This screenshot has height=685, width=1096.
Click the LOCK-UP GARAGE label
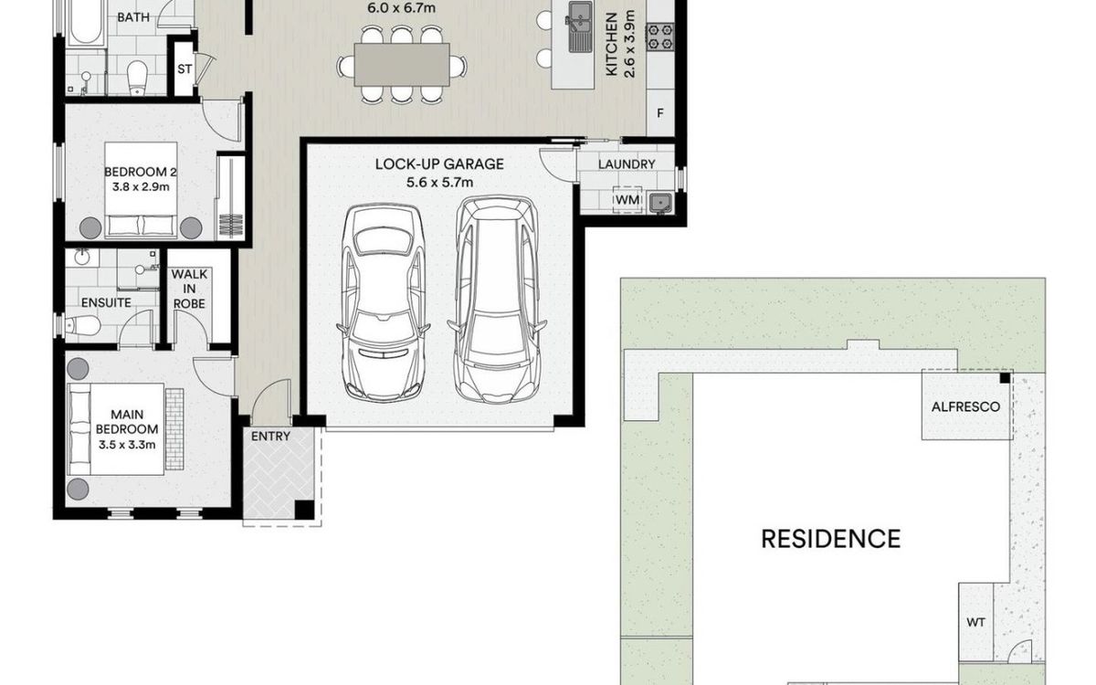(x=439, y=163)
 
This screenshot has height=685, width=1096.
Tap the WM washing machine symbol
(x=627, y=200)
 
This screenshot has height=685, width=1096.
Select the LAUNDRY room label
(x=627, y=164)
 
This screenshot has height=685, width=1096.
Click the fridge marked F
(x=660, y=113)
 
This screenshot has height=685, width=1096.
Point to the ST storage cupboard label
(x=184, y=69)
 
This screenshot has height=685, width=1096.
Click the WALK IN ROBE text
(x=189, y=289)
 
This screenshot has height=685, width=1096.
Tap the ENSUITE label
(x=106, y=303)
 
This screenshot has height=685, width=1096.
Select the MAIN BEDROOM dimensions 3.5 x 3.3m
(x=127, y=445)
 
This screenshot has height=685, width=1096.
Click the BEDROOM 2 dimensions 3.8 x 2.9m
(x=141, y=187)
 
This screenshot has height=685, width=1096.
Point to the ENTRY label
(x=270, y=436)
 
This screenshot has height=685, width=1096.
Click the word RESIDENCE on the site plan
(x=831, y=539)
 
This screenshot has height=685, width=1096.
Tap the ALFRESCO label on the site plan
(x=966, y=407)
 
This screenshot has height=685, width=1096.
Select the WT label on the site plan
(x=975, y=622)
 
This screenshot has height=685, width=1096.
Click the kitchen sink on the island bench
(x=580, y=26)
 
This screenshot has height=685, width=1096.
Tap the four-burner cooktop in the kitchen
(x=660, y=37)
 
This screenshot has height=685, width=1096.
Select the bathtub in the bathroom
(x=86, y=23)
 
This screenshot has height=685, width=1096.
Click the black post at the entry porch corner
(x=304, y=510)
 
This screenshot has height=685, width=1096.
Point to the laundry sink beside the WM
(x=660, y=203)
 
